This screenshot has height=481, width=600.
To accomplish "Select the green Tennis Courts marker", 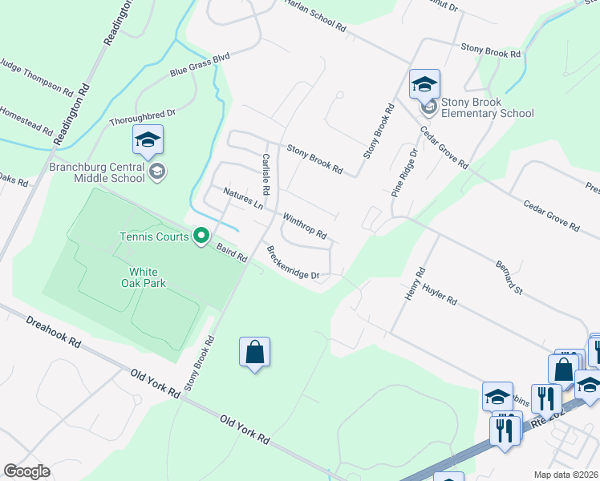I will pos(201,236).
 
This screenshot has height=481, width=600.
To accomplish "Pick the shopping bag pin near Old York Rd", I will pos(254,353).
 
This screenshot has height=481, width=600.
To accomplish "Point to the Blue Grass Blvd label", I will pos(200,65).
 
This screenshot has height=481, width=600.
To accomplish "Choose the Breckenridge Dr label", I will pos(293,262).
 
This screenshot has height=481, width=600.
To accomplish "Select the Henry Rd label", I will pos(414,284).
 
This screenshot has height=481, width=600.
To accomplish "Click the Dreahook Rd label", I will pos(53,331).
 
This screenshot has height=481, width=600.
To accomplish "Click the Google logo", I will pos(26,471).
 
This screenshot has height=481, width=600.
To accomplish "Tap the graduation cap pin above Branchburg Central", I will pos(148,141).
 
